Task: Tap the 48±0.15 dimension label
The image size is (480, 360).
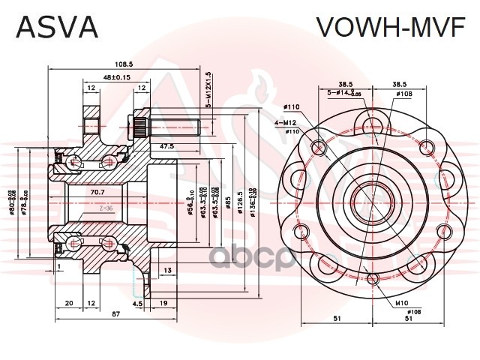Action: tap(116, 76)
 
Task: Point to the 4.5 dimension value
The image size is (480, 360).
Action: tap(138, 304)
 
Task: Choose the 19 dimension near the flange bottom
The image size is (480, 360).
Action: tap(163, 304)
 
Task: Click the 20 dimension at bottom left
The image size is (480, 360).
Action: tap(68, 304)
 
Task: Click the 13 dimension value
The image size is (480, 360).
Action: tap(166, 270)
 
